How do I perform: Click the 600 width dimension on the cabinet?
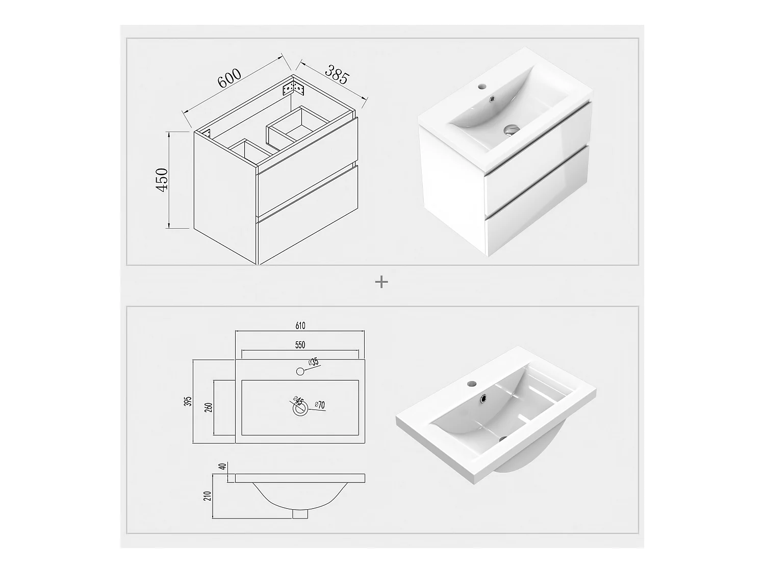pyautogui.click(x=229, y=78)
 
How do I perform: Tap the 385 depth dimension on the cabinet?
pyautogui.click(x=337, y=74)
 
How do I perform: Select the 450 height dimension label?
pyautogui.click(x=162, y=179)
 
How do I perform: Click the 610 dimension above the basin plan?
pyautogui.click(x=300, y=325)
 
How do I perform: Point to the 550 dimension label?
pyautogui.click(x=300, y=345)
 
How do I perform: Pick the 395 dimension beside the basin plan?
pyautogui.click(x=188, y=401)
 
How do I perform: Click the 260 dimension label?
pyautogui.click(x=209, y=407)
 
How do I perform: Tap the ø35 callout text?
pyautogui.click(x=313, y=362)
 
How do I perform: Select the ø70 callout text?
pyautogui.click(x=320, y=404)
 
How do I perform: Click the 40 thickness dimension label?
pyautogui.click(x=223, y=467)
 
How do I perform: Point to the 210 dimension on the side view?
pyautogui.click(x=208, y=496)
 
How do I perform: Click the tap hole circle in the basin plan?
pyautogui.click(x=300, y=372)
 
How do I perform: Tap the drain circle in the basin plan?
pyautogui.click(x=300, y=408)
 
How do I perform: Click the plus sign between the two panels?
pyautogui.click(x=381, y=282)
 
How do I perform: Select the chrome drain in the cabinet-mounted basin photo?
pyautogui.click(x=512, y=129)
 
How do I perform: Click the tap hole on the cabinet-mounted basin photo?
pyautogui.click(x=482, y=85)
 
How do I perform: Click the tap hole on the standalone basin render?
pyautogui.click(x=472, y=384)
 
